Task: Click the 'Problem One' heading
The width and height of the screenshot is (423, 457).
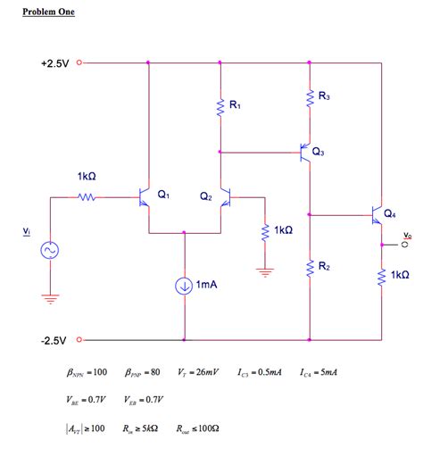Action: [x=49, y=12]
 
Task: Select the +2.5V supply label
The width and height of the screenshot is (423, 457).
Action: [x=57, y=63]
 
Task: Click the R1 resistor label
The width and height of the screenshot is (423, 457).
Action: [x=235, y=105]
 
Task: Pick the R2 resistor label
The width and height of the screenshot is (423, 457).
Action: [x=324, y=267]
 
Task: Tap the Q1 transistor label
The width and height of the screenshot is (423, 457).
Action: [x=162, y=193]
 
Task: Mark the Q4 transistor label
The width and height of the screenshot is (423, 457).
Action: [x=390, y=213]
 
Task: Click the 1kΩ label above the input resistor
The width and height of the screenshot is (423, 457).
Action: [x=87, y=177]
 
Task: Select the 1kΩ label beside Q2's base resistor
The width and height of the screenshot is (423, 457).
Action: [x=283, y=230]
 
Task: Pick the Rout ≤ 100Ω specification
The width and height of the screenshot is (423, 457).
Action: [x=198, y=428]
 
